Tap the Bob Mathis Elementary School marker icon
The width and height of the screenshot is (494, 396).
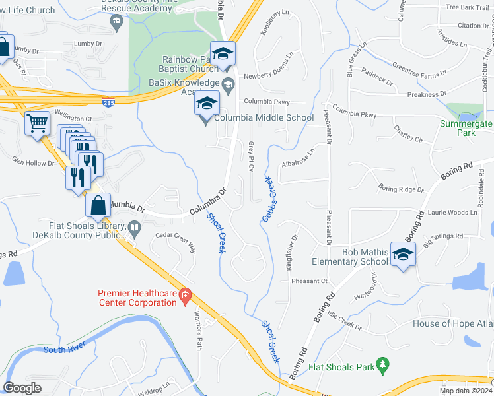[x=403, y=254]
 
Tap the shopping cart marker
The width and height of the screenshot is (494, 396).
[x=38, y=122]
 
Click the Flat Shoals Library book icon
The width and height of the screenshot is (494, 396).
[x=135, y=228]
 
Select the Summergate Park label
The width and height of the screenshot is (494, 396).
[x=467, y=128]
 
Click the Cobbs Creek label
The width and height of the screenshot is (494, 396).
[x=269, y=191]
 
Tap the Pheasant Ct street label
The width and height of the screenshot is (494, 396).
[x=310, y=281]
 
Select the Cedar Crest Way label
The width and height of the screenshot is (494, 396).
[x=176, y=242]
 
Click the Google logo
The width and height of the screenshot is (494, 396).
[x=22, y=388]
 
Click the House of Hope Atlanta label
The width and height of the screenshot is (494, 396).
[x=452, y=323]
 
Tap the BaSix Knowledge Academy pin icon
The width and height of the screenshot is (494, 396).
[x=229, y=84]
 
